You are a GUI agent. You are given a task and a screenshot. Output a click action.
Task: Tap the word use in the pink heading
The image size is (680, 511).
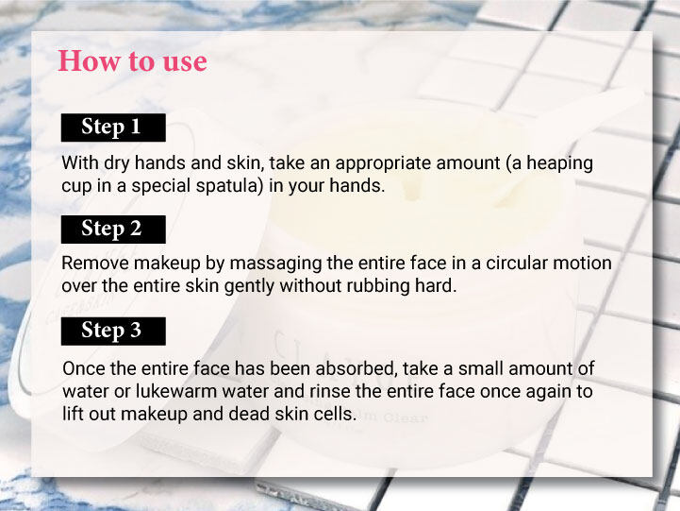point(185,62)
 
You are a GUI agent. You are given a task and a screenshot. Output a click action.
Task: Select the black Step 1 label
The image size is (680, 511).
point(113,128)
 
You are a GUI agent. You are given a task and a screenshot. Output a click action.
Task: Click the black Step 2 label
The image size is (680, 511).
point(113,230)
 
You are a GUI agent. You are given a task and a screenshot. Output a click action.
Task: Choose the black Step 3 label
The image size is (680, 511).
point(113,332)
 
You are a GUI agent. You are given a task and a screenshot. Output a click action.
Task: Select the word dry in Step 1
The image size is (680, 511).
point(117,164)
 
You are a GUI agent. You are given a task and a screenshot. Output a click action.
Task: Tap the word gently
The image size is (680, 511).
point(249,287)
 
